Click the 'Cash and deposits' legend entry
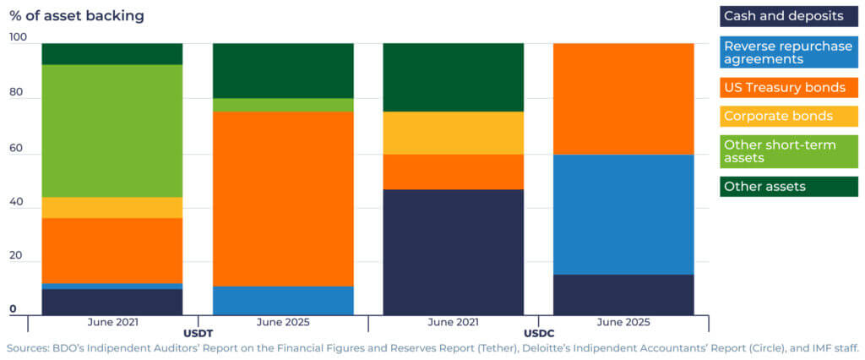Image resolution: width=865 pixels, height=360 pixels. (x=788, y=16)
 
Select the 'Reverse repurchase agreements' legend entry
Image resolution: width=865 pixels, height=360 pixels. (x=788, y=52)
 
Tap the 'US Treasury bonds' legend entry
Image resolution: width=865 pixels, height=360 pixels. (x=788, y=87)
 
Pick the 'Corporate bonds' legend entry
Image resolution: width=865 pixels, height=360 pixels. (x=788, y=116)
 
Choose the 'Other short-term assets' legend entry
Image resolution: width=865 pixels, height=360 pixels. (x=788, y=151)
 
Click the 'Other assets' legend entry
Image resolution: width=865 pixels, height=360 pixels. (x=788, y=186)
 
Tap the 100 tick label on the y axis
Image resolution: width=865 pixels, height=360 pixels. (x=19, y=37)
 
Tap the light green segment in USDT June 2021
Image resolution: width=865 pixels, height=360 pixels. (x=112, y=131)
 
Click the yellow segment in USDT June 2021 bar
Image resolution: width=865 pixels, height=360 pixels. (x=112, y=208)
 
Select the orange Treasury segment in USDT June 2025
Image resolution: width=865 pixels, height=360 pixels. (x=283, y=199)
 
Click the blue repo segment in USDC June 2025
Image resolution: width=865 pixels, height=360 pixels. (x=623, y=215)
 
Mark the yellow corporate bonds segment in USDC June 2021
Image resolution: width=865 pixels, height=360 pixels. (x=454, y=133)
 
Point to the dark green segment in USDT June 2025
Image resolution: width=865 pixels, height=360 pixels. (x=283, y=70)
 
